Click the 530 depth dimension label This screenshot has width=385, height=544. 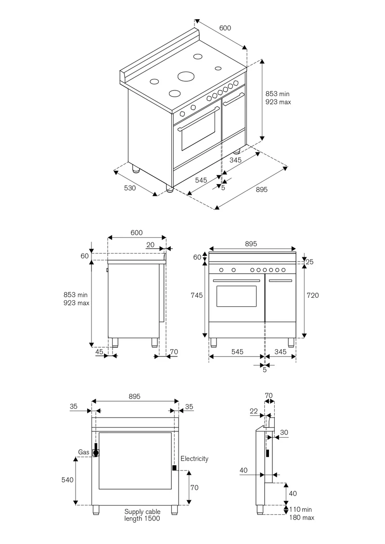(x=130, y=188)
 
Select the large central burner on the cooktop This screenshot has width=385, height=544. (x=185, y=76)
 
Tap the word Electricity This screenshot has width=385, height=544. (x=194, y=459)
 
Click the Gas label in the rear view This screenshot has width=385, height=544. (x=84, y=452)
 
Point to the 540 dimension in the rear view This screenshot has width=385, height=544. (x=67, y=480)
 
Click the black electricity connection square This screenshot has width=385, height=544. (x=174, y=468)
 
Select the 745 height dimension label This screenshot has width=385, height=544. (x=196, y=295)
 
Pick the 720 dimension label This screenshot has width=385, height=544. (x=313, y=295)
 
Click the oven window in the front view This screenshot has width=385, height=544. (x=236, y=296)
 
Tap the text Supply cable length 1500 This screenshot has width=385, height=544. (x=142, y=515)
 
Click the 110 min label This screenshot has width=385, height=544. (x=301, y=510)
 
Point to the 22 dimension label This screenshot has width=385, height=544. (x=254, y=411)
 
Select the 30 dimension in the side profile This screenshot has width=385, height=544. (x=284, y=432)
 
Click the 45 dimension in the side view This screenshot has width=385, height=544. (x=99, y=352)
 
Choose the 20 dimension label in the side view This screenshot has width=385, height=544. (x=150, y=245)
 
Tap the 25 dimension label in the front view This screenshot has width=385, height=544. (x=309, y=262)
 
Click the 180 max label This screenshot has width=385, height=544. (x=302, y=518)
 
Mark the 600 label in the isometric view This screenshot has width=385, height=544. (x=225, y=28)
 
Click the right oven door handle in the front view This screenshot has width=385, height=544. (x=281, y=281)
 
